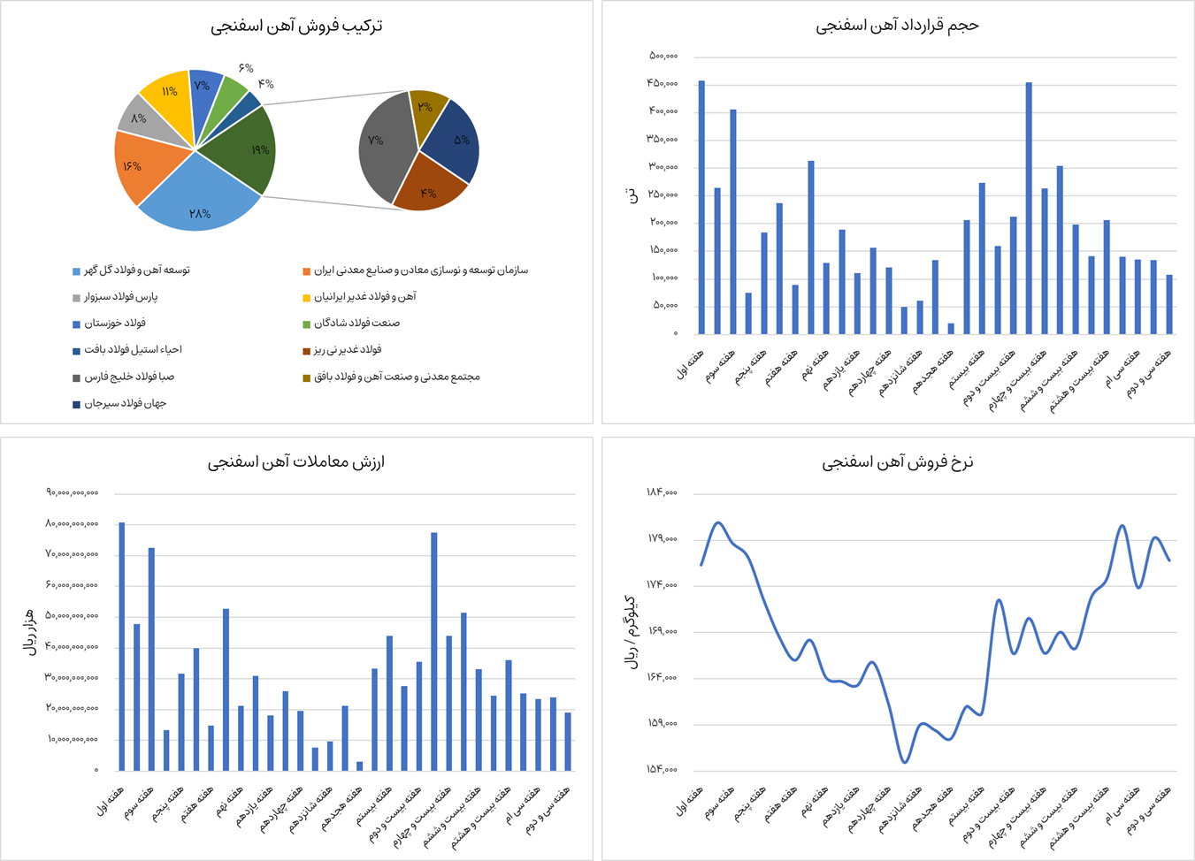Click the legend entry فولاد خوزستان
coord(115,324)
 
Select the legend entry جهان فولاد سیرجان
coord(125,404)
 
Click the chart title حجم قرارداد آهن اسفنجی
coord(897,26)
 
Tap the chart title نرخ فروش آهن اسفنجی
coord(897,462)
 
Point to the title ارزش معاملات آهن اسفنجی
coord(296,462)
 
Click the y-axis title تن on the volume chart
coord(631,194)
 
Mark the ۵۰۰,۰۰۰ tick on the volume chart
coord(663,56)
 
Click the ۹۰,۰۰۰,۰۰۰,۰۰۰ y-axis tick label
coord(73,492)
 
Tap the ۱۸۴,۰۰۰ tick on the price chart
coord(662,492)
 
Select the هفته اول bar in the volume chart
coord(701,208)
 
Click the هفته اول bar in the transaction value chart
coord(122,645)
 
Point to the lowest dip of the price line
coord(904,761)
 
